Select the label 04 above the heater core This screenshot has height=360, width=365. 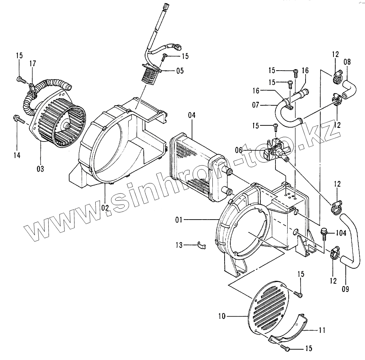(x=192, y=115)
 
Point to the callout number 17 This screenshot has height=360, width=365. (x=33, y=64)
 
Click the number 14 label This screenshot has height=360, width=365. (x=17, y=155)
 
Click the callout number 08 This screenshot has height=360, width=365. (x=347, y=62)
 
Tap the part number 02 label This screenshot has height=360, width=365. (x=105, y=206)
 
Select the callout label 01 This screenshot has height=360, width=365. (x=179, y=220)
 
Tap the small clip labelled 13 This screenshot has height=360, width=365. (x=202, y=245)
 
